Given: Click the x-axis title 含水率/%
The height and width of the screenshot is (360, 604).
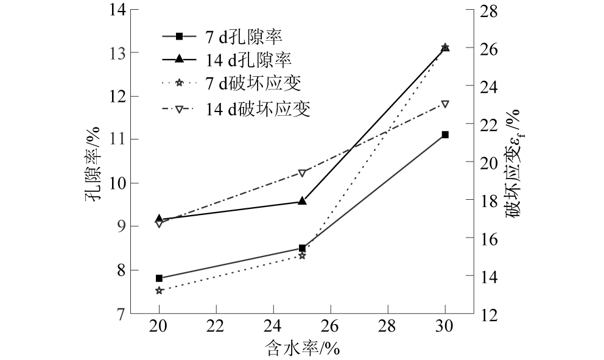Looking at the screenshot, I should (302, 348).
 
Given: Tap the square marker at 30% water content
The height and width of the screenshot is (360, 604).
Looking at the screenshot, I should (445, 135).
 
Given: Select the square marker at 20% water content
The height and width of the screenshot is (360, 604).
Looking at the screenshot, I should (160, 278).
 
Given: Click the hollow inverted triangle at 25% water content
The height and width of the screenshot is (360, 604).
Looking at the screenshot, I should (302, 173).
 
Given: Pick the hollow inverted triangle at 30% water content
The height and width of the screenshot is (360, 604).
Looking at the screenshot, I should (445, 104).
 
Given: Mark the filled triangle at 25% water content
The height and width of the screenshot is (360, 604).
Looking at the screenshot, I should (302, 200).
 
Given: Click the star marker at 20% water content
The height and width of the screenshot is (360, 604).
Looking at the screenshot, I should (160, 291).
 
